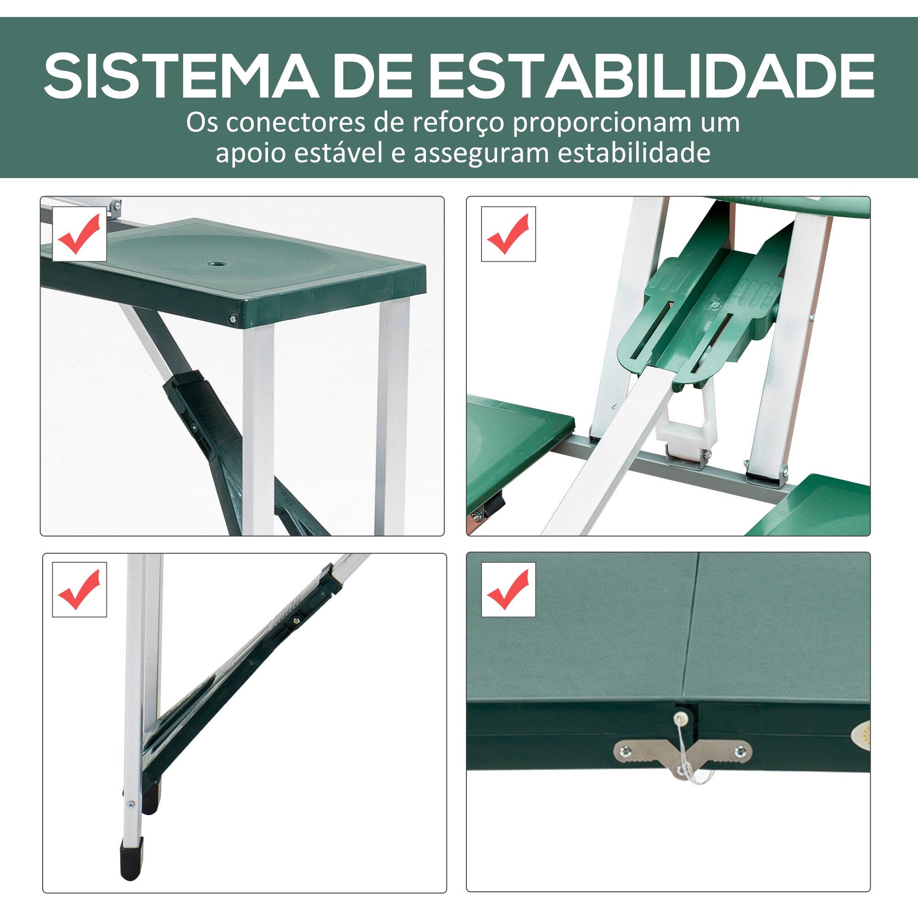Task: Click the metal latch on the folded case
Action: tap(683, 756)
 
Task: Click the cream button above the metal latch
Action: tap(683, 727)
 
